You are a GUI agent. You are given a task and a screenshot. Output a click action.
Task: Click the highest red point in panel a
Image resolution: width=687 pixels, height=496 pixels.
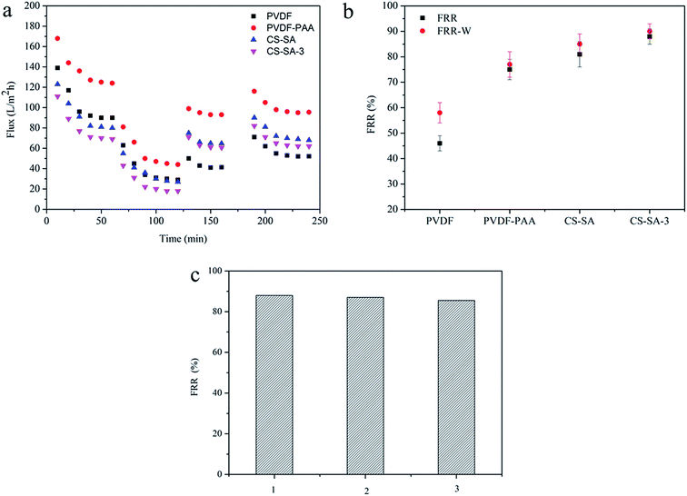coord(57,38)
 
